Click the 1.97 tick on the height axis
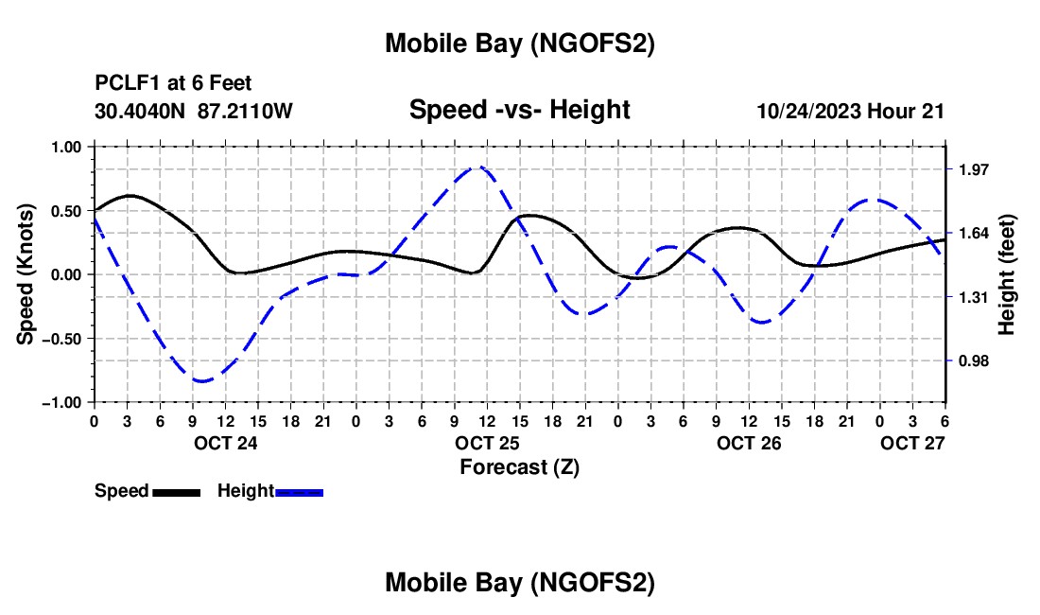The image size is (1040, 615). [x=974, y=169]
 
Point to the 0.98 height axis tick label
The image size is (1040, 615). [x=974, y=360]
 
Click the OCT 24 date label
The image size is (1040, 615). [x=225, y=443]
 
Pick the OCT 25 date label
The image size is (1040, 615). [x=486, y=443]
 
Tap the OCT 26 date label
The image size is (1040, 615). [x=749, y=443]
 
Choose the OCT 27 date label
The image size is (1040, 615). [x=912, y=443]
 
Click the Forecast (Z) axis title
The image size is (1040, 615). [x=520, y=466]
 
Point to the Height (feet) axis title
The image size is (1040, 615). [x=1008, y=274]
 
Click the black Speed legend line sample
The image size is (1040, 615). [x=176, y=492]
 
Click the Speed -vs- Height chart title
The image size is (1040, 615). [x=519, y=110]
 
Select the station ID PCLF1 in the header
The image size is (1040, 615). [x=122, y=83]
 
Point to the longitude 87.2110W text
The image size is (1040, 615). [x=246, y=111]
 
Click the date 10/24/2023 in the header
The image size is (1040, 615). [x=809, y=111]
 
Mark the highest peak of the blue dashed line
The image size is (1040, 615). [x=478, y=167]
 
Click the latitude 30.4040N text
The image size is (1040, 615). [x=141, y=111]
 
